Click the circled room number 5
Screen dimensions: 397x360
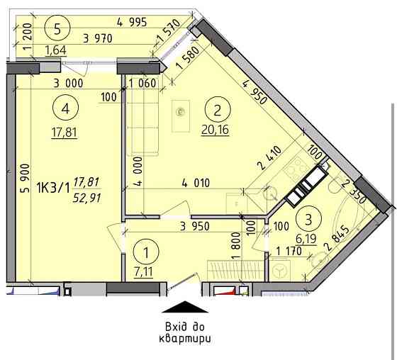[57, 28]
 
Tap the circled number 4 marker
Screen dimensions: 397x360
[65, 108]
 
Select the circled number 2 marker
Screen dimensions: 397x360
[218, 110]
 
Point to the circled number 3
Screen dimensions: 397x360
[308, 219]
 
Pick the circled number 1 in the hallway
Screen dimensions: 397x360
[146, 252]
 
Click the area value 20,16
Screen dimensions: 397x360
[216, 130]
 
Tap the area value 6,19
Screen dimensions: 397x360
[306, 239]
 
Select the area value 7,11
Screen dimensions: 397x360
[143, 272]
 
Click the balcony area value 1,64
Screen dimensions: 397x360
[56, 50]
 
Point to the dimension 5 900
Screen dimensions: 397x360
[25, 179]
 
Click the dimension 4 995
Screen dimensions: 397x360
[132, 22]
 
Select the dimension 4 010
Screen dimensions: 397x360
[196, 183]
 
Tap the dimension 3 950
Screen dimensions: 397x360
[195, 226]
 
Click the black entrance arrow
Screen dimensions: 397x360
[185, 307]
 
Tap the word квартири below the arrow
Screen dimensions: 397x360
[185, 339]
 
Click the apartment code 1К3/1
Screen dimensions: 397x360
[53, 189]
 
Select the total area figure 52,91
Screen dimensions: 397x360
[86, 198]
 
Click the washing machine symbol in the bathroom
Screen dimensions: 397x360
[279, 270]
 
